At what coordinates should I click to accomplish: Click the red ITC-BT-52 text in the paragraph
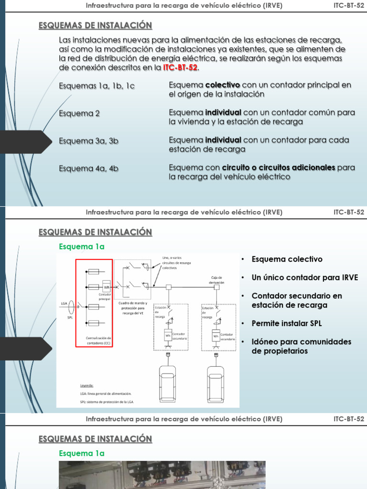(x=180, y=68)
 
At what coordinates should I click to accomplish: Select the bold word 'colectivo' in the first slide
(x=223, y=85)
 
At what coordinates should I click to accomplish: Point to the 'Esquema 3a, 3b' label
(x=88, y=140)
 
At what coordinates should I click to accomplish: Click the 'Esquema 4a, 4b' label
(x=88, y=168)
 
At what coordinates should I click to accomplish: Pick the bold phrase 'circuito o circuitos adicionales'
(x=278, y=168)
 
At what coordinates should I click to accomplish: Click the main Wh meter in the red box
(x=107, y=287)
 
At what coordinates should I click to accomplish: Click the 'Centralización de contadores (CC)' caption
(x=99, y=340)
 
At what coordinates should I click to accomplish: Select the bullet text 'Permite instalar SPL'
(x=287, y=323)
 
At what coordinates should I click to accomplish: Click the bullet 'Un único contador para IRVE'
(x=304, y=277)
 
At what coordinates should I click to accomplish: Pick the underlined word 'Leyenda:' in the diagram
(x=87, y=384)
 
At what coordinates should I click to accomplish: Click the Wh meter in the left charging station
(x=168, y=335)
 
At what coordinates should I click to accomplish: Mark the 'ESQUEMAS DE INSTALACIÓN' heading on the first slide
(x=95, y=25)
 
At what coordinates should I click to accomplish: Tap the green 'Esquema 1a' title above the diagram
(x=81, y=246)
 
